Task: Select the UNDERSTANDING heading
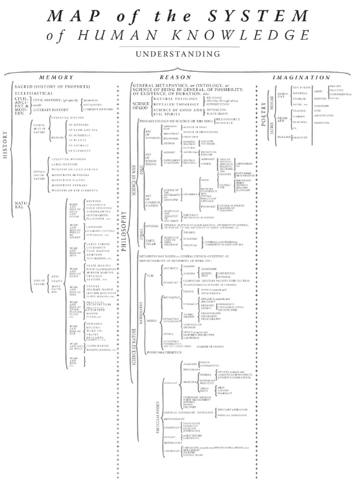(x=180, y=54)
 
